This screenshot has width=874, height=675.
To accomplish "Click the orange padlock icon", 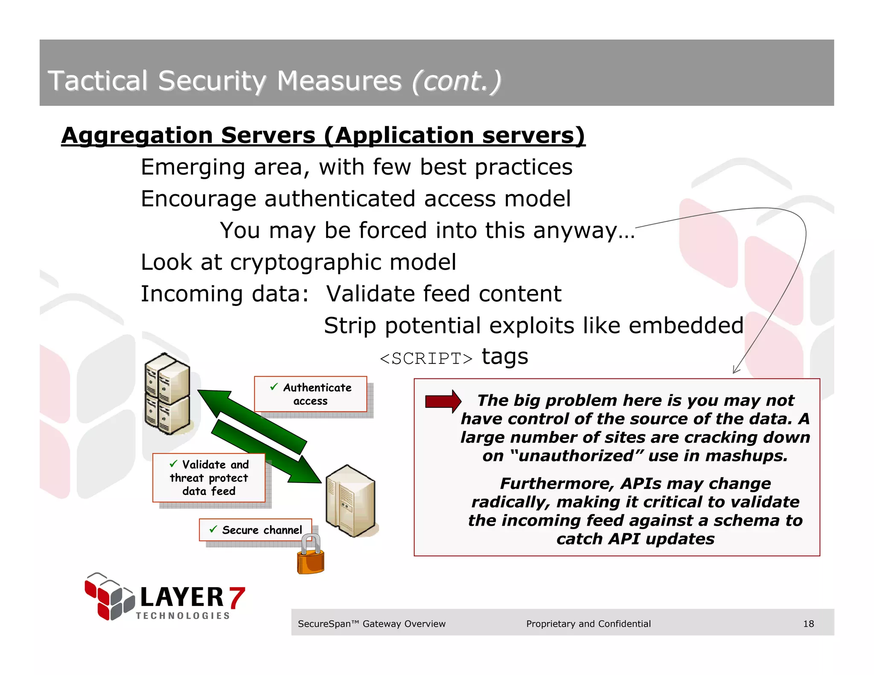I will click(x=311, y=556).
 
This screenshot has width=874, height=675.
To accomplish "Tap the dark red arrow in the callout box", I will click(x=443, y=401).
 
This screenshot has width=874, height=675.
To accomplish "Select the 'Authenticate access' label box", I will click(x=311, y=394).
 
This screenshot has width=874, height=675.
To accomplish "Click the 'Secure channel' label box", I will click(x=255, y=530).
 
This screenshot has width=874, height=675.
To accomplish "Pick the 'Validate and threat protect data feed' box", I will click(x=209, y=477).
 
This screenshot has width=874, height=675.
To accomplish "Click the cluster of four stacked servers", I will click(x=167, y=394).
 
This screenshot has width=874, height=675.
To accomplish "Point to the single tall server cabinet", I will click(x=350, y=501).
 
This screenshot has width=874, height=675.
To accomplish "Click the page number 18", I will click(x=808, y=624).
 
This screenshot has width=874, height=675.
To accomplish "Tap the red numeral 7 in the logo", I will click(x=236, y=598).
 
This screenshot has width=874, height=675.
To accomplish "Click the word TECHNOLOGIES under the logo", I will click(x=183, y=616).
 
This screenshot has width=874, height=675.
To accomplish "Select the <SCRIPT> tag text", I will click(x=426, y=359).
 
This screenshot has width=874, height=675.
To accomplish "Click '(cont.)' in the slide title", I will click(x=456, y=81).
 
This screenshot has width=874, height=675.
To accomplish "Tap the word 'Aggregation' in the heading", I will click(x=137, y=136).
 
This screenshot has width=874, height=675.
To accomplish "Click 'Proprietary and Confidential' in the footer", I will click(x=588, y=624).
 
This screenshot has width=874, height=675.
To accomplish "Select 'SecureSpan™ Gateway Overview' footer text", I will click(x=371, y=624).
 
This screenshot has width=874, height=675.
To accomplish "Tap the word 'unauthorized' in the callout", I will click(x=577, y=456).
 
